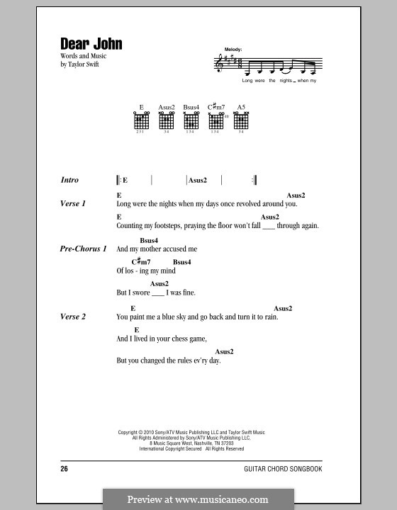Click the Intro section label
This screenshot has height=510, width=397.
tap(70, 181)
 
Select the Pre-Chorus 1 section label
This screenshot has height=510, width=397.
tap(84, 249)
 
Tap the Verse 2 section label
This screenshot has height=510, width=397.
tap(73, 317)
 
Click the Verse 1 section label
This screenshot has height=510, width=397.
tap(73, 203)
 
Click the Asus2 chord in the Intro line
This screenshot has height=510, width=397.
tap(198, 181)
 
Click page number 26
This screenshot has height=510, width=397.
tap(65, 469)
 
